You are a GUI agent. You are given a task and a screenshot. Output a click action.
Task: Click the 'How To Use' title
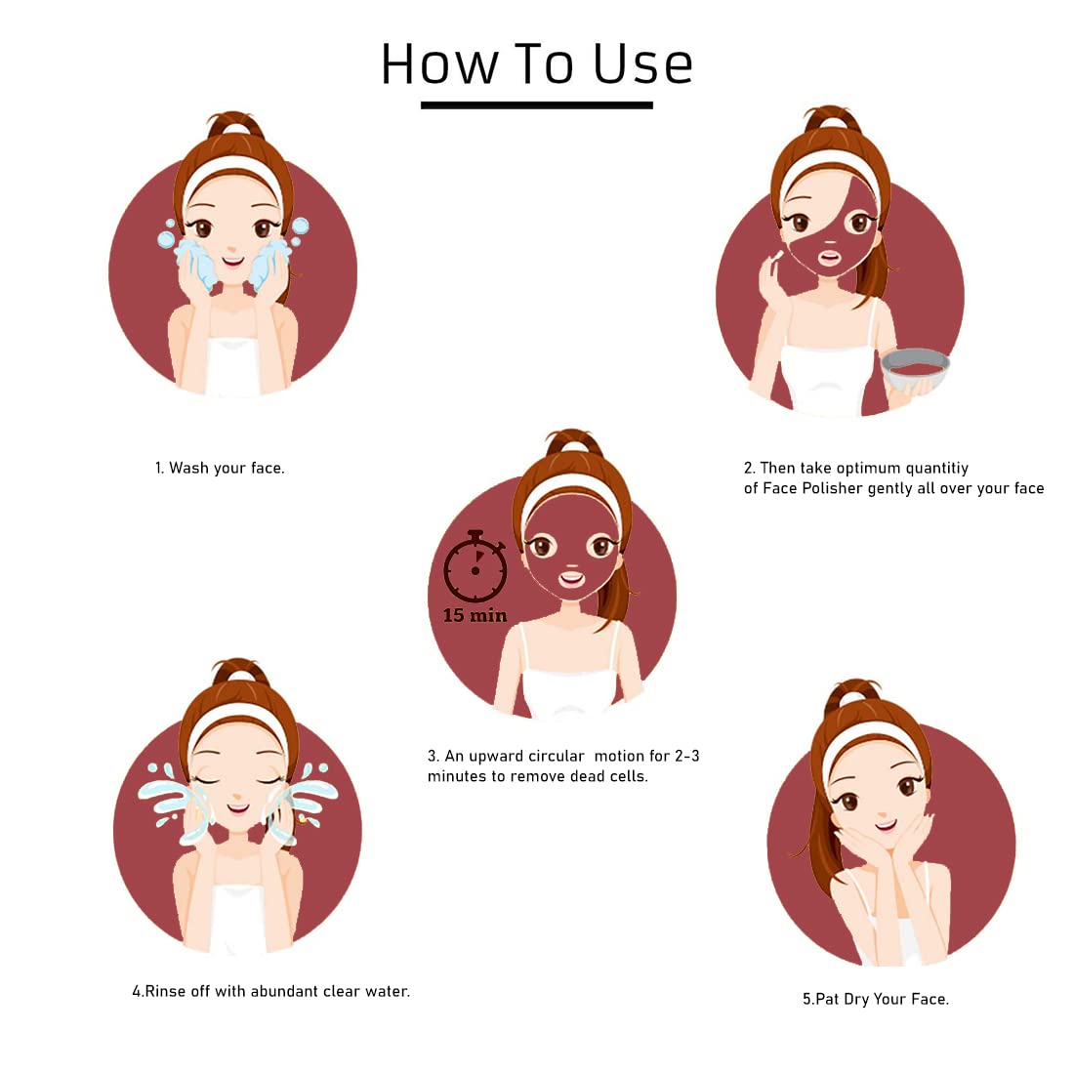point(536,63)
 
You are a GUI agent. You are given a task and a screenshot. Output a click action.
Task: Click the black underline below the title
point(536,104)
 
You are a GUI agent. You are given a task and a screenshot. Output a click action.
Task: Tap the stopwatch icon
point(475,566)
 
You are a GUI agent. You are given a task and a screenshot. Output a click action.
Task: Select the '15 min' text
point(475,615)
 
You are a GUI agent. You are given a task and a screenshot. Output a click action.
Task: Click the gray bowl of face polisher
point(915,368)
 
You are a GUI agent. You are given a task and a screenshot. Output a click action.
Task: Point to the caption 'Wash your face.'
point(227,469)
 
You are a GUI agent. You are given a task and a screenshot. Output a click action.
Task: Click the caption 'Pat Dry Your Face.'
point(883,1000)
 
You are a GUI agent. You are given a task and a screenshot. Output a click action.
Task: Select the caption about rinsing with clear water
point(271,991)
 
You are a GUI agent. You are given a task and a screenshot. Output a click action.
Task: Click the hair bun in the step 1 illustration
point(235,125)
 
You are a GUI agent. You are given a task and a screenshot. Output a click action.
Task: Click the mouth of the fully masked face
point(571,579)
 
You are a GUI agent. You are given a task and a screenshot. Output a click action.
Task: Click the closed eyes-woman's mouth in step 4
point(237,808)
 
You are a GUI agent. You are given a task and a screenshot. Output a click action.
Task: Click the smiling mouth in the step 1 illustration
point(233,262)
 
